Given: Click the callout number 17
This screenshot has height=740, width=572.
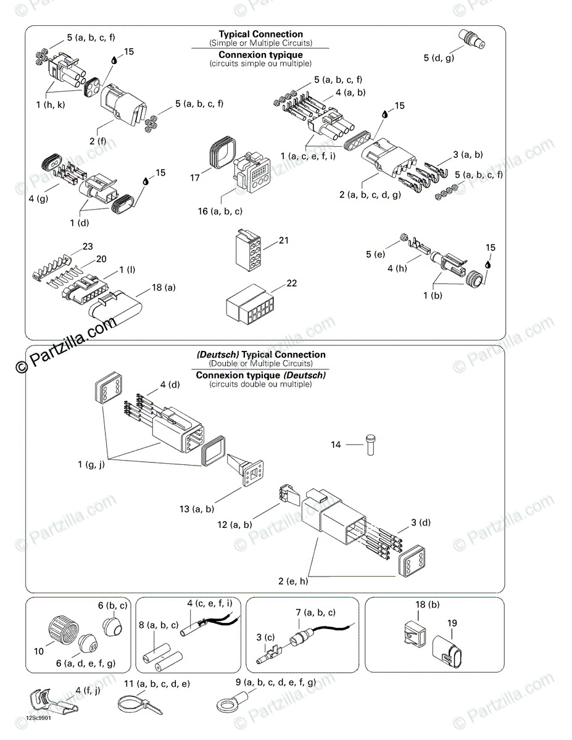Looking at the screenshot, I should click(195, 178).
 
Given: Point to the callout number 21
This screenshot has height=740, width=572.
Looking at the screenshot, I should click(283, 240).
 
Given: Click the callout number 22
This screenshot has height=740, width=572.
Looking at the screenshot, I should click(292, 283).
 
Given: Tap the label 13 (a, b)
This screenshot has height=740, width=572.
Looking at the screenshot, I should click(197, 509).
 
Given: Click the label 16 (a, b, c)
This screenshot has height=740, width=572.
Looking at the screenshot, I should click(220, 212).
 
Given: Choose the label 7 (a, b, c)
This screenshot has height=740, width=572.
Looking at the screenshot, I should click(315, 612).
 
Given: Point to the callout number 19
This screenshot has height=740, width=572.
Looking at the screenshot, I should click(452, 623).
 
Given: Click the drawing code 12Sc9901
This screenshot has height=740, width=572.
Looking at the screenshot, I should click(38, 718).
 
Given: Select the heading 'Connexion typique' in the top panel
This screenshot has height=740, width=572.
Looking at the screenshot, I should click(260, 55).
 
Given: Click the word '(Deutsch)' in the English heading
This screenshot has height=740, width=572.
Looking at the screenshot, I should click(218, 355).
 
